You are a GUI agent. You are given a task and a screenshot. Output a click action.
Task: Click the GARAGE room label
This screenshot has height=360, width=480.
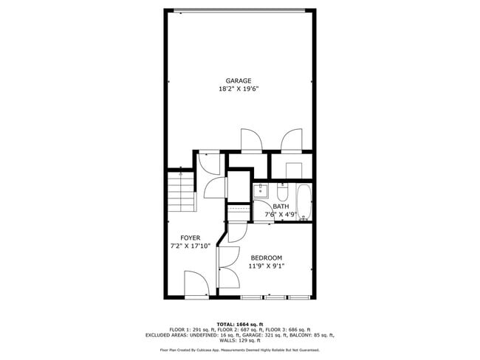click(239, 80)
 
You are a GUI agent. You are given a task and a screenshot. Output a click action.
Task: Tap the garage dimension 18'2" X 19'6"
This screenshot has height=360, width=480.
click(239, 89)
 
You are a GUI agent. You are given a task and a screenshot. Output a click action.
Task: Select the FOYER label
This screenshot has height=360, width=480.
click(191, 238)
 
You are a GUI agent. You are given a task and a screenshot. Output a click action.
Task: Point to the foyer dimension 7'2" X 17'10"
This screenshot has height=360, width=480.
click(191, 246)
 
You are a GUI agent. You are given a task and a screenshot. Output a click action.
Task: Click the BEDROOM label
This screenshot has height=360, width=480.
click(266, 257)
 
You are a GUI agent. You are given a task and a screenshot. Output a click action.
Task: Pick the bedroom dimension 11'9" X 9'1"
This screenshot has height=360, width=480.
click(266, 266)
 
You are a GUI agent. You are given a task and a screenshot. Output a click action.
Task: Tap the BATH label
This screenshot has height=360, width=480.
click(281, 207)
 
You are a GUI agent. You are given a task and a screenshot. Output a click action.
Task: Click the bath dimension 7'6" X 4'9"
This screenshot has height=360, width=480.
click(281, 215)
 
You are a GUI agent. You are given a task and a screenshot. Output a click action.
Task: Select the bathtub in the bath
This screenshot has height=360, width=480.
click(304, 203)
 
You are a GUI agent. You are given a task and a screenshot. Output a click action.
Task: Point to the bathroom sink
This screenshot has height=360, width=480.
click(261, 193)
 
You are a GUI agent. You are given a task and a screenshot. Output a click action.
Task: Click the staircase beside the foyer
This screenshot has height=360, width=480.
click(182, 190)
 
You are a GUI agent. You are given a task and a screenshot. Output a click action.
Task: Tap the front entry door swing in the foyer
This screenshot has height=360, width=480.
click(196, 284)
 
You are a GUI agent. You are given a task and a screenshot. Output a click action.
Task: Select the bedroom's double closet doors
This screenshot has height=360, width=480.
click(227, 268)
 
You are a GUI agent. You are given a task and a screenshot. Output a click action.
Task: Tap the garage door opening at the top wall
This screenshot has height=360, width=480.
click(239, 10)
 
